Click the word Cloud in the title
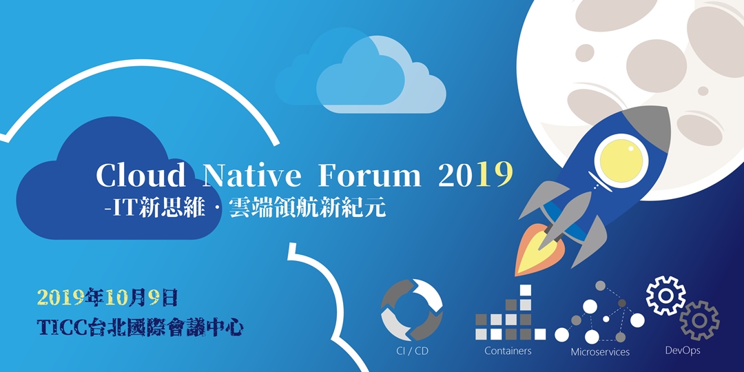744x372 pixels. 141,176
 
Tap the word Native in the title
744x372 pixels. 252,176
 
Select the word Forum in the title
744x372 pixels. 369,176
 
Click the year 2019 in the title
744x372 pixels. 476,176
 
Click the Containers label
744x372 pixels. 508,351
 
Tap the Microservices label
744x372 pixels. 600,352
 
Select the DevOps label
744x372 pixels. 683,351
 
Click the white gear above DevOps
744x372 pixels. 665,296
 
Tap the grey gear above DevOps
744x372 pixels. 699,320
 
